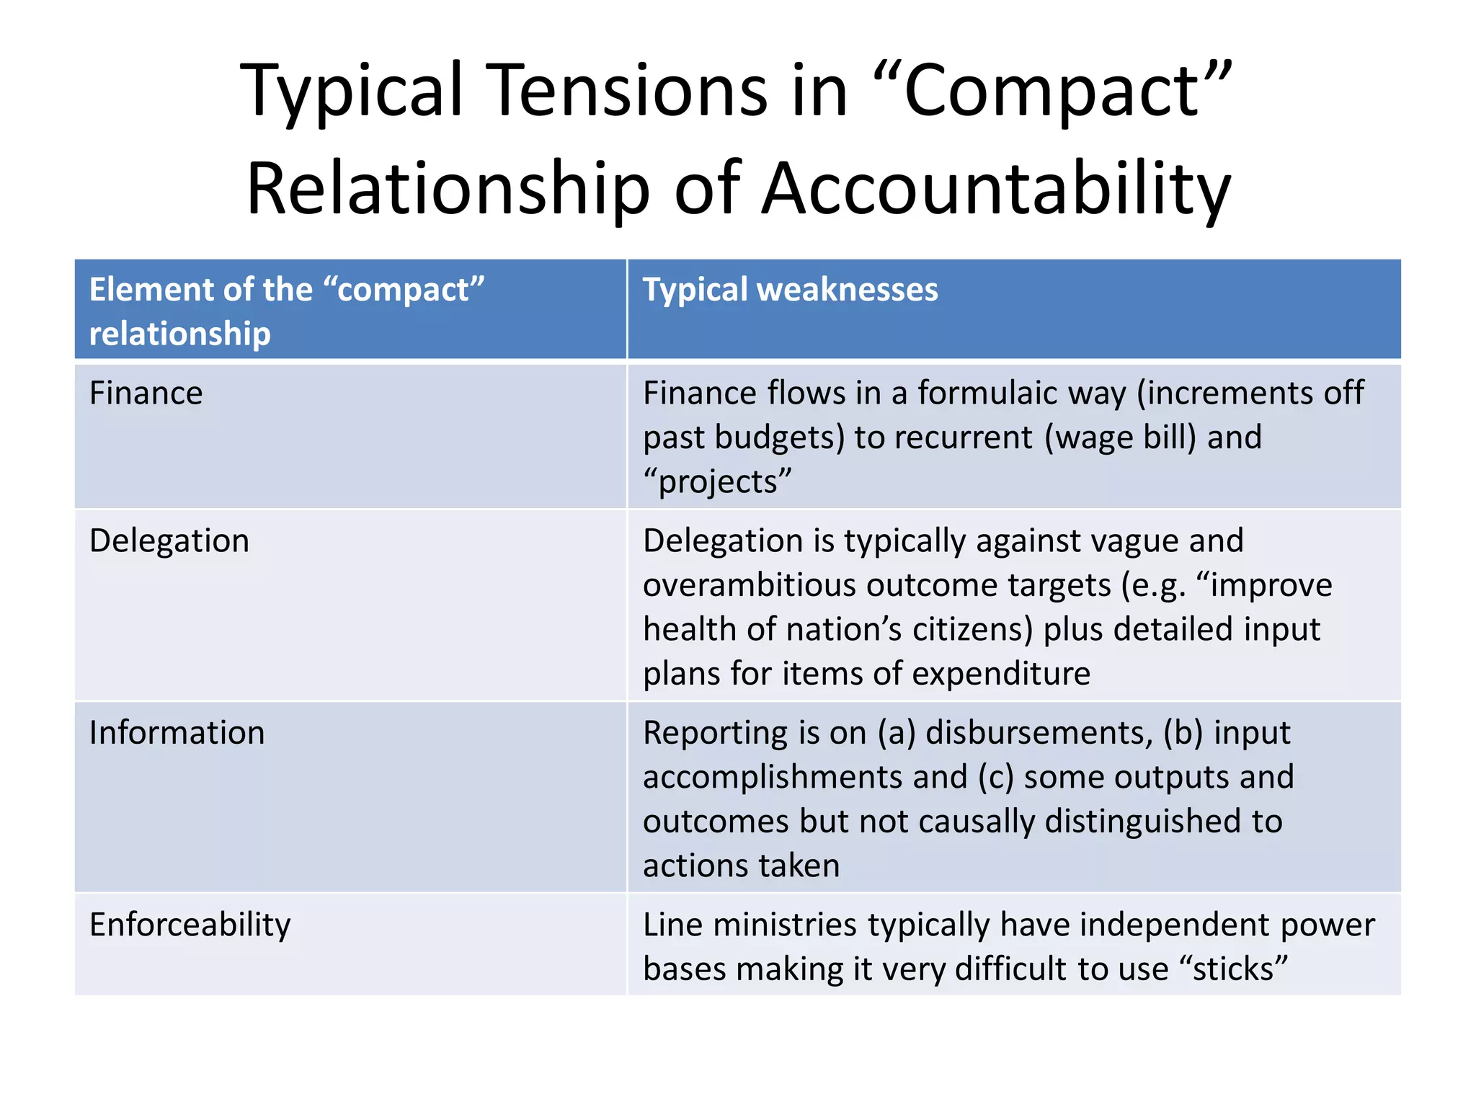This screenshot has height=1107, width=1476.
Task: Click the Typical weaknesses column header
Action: pos(790,290)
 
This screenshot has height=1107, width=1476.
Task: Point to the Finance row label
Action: pos(146,394)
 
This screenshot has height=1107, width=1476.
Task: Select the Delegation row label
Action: pos(169,541)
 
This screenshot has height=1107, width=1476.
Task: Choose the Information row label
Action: pos(177,733)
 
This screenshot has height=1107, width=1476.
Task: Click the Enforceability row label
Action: pos(190,925)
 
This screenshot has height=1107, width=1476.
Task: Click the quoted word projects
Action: pos(718,481)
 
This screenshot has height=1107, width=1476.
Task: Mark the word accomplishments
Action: pos(804,778)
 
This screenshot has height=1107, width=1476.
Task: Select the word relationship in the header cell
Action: pos(179,334)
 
